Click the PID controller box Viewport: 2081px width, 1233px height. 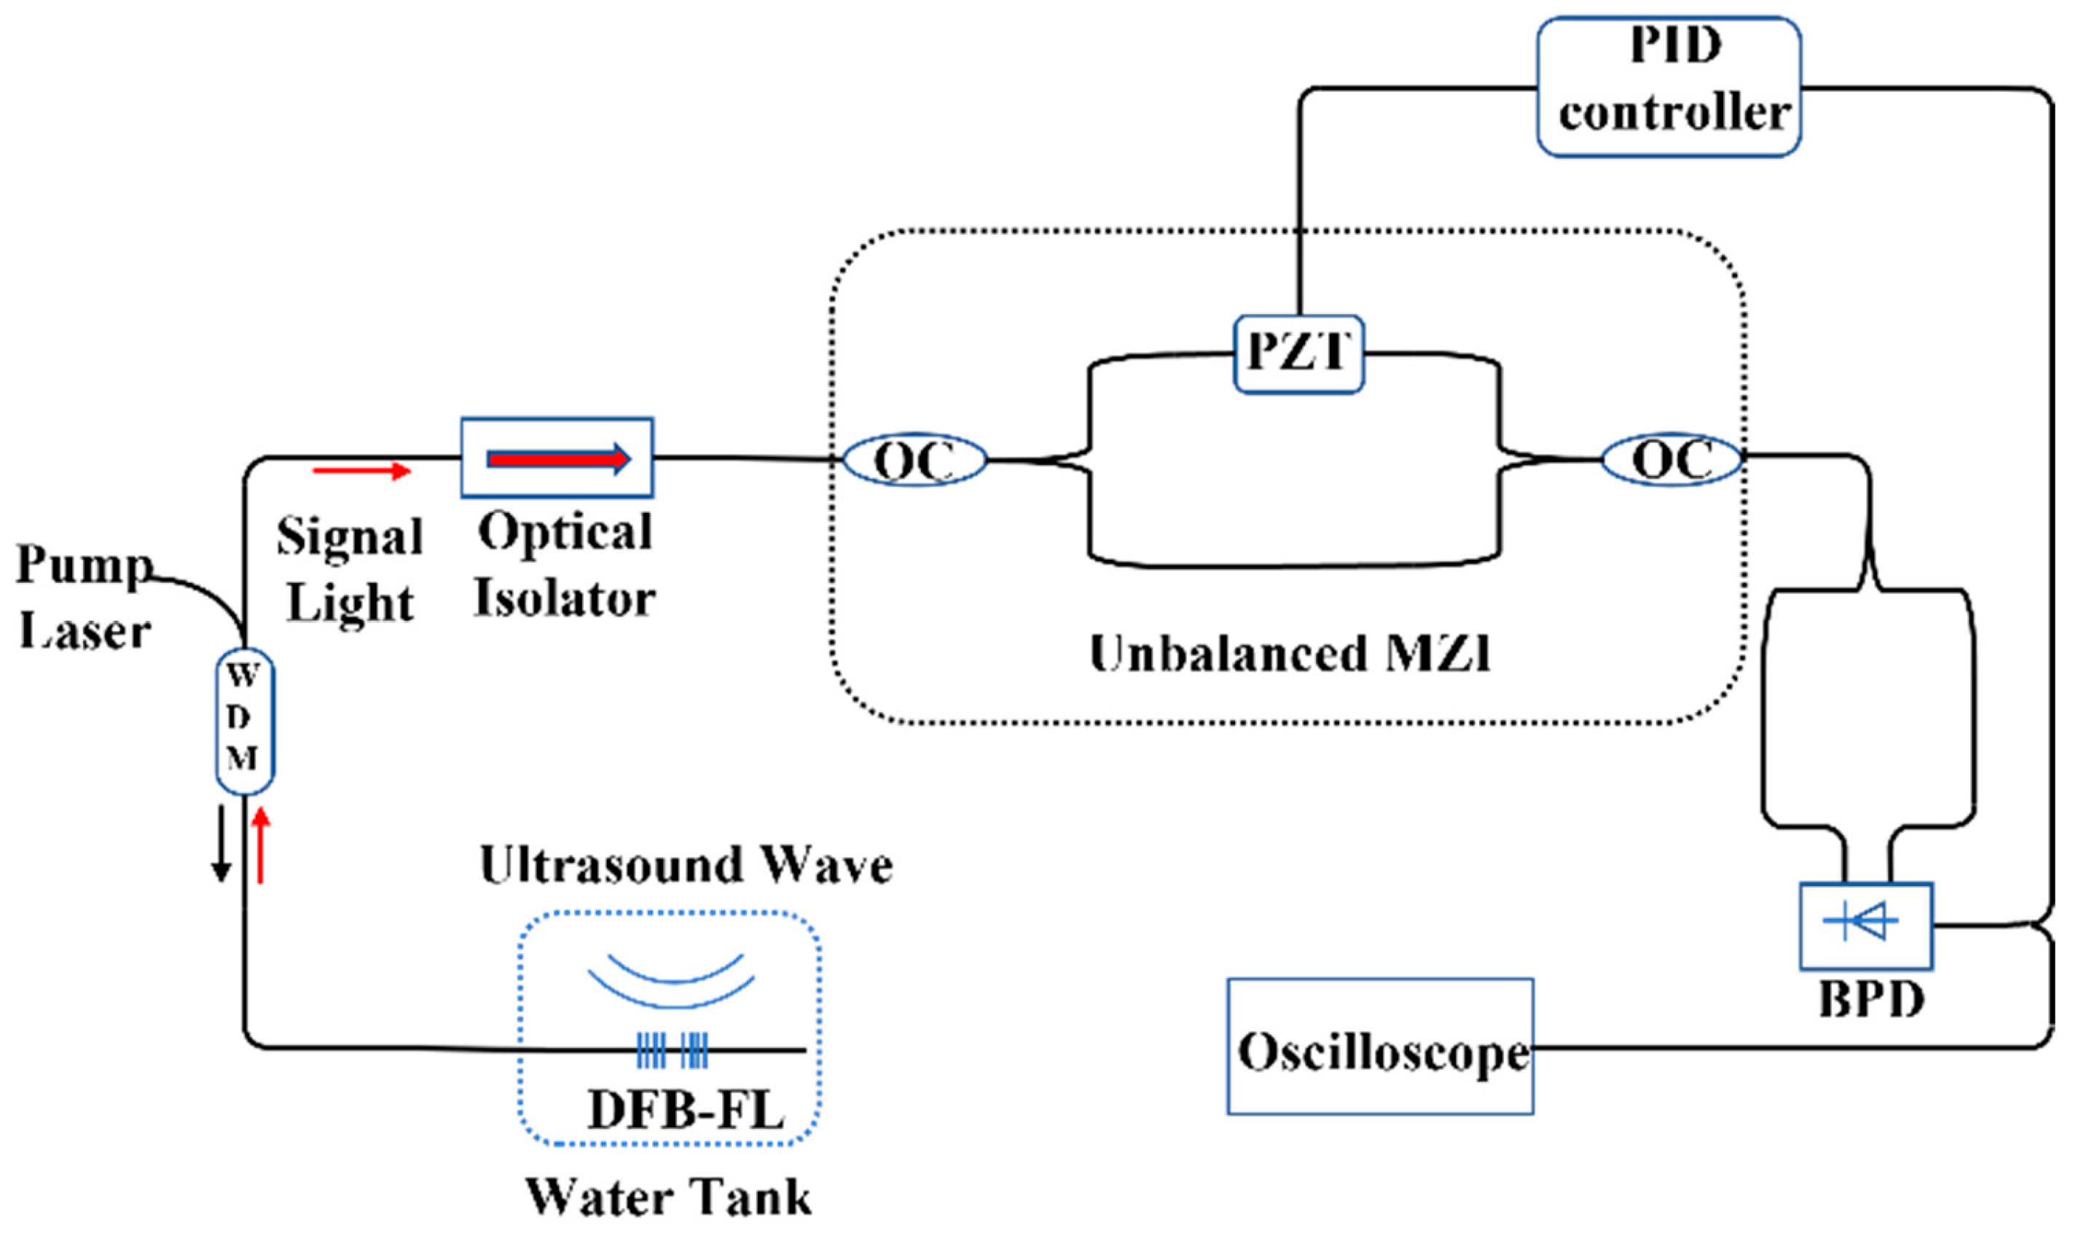1668,87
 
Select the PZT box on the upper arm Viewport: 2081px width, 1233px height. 1298,353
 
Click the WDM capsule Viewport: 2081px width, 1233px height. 244,721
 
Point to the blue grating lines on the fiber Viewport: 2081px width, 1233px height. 672,1049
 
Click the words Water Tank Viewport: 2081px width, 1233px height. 670,1197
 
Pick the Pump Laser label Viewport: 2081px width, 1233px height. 83,597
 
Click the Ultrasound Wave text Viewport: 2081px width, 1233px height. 686,865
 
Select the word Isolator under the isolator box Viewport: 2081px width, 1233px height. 564,598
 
